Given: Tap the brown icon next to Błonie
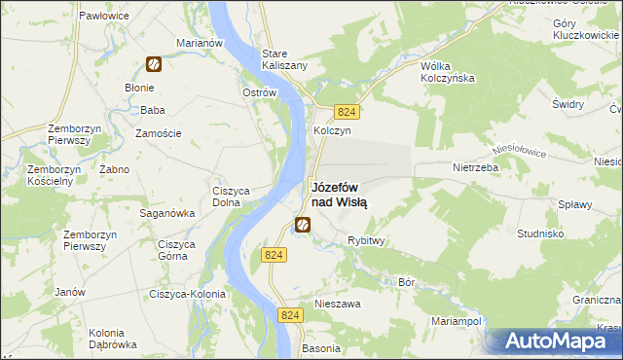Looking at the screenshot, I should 154,65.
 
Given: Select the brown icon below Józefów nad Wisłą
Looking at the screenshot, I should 303,227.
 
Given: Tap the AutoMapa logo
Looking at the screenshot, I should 554,342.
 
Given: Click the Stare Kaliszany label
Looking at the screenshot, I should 285,58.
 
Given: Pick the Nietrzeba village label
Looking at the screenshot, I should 475,167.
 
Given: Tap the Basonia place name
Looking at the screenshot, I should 321,347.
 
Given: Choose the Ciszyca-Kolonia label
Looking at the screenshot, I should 187,294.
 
